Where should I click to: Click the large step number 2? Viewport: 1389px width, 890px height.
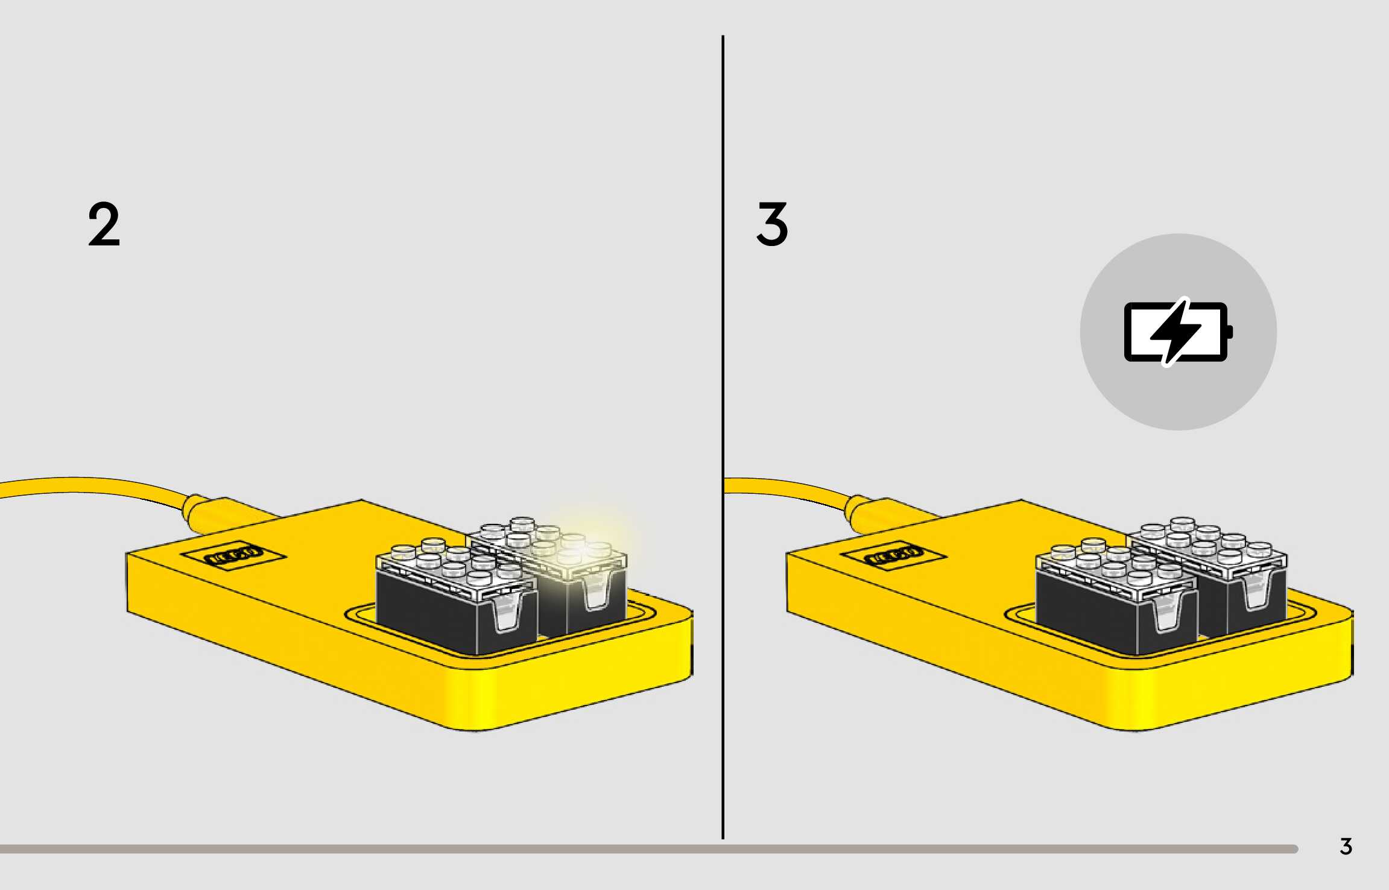[x=104, y=225]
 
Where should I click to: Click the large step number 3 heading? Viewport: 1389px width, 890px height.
[x=772, y=225]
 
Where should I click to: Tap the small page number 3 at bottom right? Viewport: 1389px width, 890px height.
[x=1346, y=847]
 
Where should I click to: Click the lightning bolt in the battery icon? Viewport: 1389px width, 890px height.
[x=1175, y=332]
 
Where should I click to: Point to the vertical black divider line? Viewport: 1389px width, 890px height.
[x=723, y=422]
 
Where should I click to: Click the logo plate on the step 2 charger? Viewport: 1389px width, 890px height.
[x=233, y=555]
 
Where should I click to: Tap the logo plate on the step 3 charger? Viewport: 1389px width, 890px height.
[x=893, y=555]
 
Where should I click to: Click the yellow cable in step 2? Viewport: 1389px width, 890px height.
[x=90, y=485]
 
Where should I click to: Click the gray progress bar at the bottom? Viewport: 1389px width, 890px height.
[x=603, y=849]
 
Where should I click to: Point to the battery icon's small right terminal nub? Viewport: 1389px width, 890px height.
[x=1230, y=332]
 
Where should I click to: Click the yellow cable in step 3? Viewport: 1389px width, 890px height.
[x=784, y=486]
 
